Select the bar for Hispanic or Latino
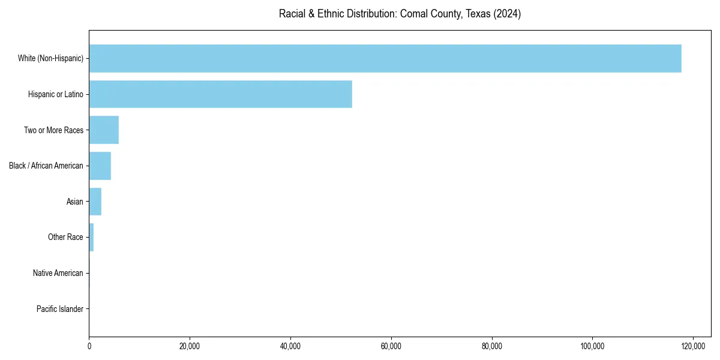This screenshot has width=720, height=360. click(x=220, y=94)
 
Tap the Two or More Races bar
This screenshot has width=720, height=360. click(x=104, y=130)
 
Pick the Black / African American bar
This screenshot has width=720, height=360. click(x=100, y=166)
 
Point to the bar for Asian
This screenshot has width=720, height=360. click(x=95, y=202)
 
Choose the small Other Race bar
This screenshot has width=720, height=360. click(x=91, y=237)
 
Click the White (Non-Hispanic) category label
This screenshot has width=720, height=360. click(x=50, y=58)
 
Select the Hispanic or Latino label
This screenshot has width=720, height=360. click(x=55, y=94)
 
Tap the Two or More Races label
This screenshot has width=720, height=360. click(x=53, y=130)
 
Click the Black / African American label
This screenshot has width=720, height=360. click(x=46, y=166)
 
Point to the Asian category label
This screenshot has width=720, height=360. click(x=74, y=202)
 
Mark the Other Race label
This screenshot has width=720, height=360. click(x=65, y=237)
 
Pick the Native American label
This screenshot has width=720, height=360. click(x=58, y=273)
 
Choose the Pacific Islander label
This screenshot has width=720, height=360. click(x=59, y=309)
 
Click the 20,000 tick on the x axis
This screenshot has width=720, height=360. click(x=190, y=346)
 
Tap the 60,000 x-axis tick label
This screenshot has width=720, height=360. click(x=391, y=346)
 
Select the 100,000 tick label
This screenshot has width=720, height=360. click(x=592, y=346)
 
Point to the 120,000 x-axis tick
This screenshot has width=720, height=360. click(x=693, y=346)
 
